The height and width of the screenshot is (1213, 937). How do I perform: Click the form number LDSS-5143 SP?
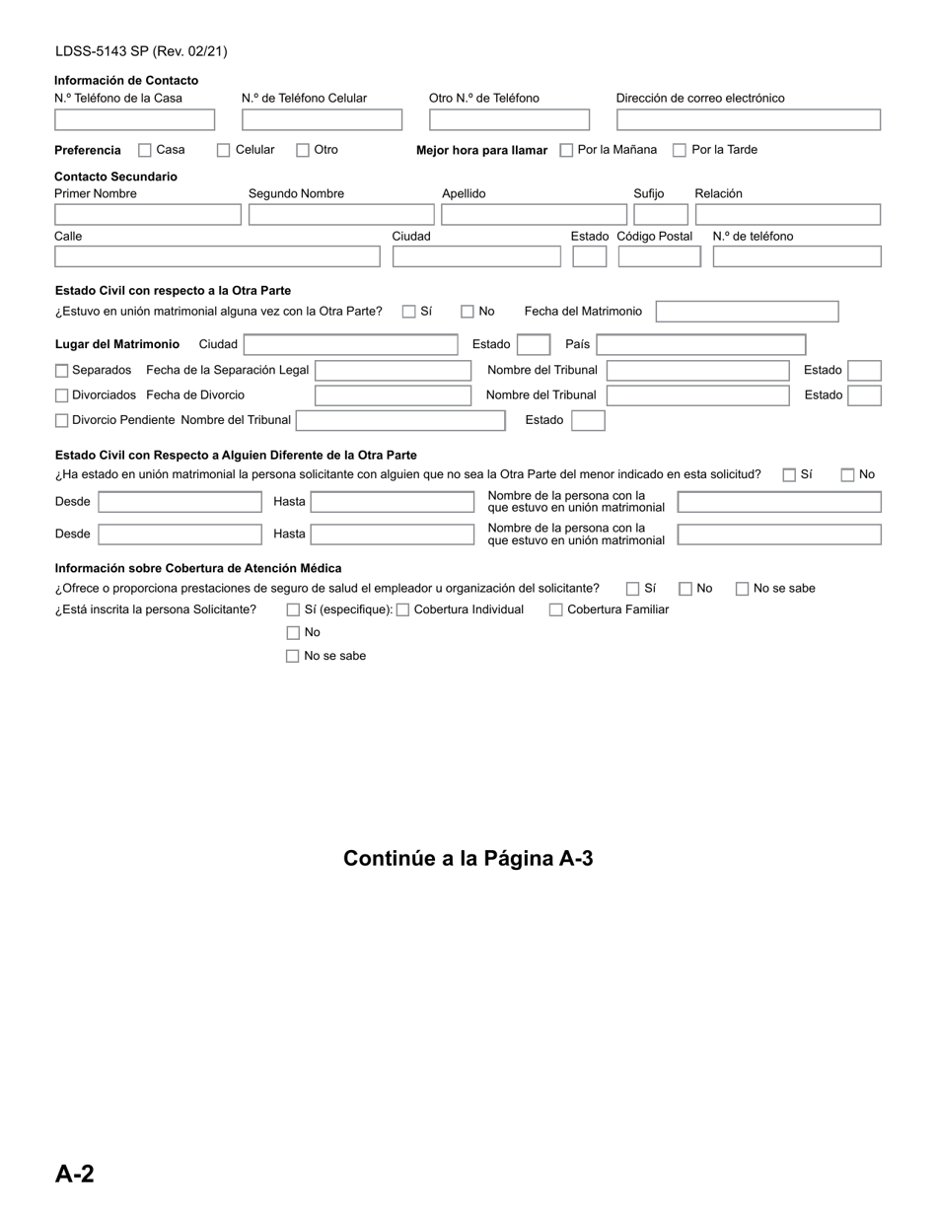click(141, 51)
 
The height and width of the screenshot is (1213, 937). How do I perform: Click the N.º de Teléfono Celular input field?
click(322, 120)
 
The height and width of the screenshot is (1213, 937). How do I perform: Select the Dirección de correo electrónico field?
click(748, 120)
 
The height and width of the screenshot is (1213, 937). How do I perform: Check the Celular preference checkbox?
click(224, 150)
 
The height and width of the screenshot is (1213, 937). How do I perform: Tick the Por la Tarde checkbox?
click(680, 150)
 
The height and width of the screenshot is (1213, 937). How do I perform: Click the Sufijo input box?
click(660, 214)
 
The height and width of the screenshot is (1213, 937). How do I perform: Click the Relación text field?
click(787, 214)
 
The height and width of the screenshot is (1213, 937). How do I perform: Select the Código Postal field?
click(659, 256)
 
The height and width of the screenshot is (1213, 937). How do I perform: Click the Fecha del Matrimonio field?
click(747, 312)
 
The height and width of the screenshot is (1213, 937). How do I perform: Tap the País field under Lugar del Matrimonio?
click(700, 344)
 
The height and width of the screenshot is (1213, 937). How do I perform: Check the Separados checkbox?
click(62, 371)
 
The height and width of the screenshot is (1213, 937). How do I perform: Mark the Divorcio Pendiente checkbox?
click(62, 420)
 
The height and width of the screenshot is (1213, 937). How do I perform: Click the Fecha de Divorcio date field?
click(393, 395)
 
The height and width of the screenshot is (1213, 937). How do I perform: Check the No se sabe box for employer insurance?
click(742, 589)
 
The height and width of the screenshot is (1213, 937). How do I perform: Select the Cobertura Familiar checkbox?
click(556, 609)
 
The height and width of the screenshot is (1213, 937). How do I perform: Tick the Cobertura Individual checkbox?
click(402, 609)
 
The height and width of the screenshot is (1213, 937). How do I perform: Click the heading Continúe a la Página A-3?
click(468, 858)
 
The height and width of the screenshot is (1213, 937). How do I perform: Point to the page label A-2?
click(75, 1174)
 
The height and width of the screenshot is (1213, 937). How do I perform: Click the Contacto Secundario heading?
click(115, 177)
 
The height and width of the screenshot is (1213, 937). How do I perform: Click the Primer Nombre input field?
click(147, 214)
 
